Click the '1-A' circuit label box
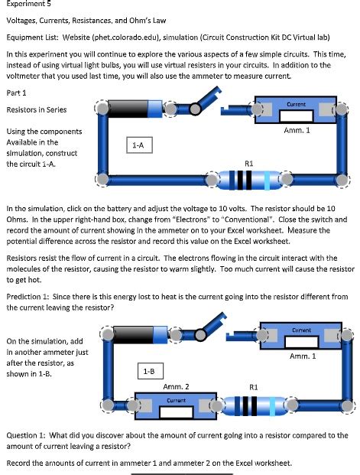click(138, 143)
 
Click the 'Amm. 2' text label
click(177, 386)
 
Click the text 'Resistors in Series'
click(36, 109)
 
